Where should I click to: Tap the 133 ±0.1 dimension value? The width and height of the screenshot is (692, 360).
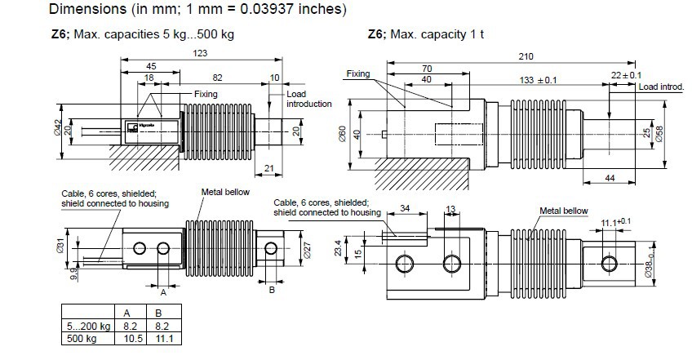tap(538, 79)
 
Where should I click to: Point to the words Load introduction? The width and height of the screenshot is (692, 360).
tap(308, 99)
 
